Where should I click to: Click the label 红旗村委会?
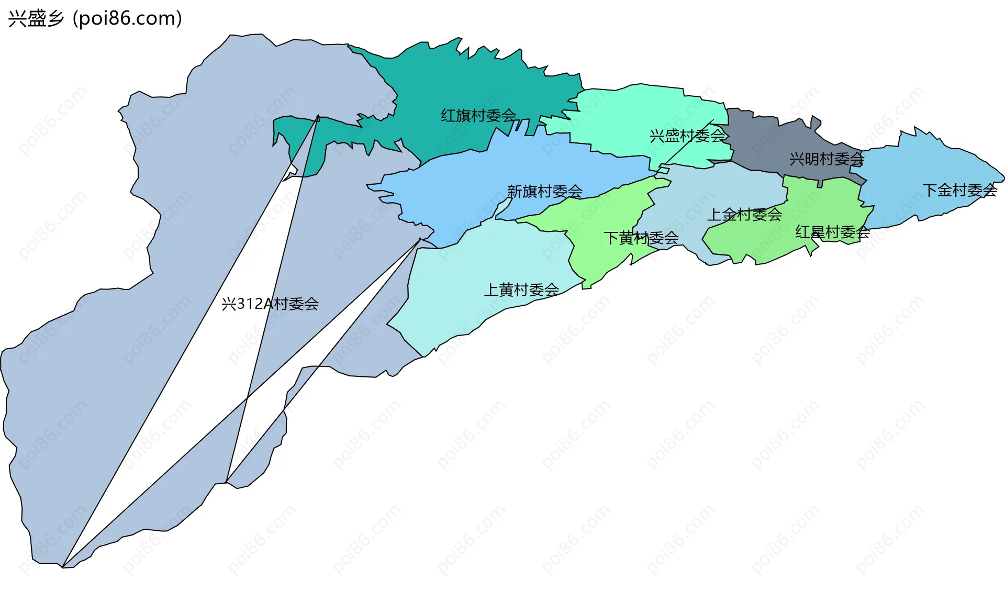[478, 116]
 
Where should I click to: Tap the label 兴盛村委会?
[687, 136]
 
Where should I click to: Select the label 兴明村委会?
[827, 159]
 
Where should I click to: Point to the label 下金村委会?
[959, 190]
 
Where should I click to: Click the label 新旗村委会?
[544, 192]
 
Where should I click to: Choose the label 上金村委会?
[744, 215]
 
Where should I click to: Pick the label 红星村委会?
[832, 232]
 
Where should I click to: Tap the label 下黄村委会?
[641, 238]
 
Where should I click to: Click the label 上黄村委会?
[521, 289]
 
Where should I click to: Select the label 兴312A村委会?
[270, 304]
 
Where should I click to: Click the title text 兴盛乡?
[36, 19]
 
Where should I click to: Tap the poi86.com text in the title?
[128, 19]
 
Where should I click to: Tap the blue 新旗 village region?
[471, 183]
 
